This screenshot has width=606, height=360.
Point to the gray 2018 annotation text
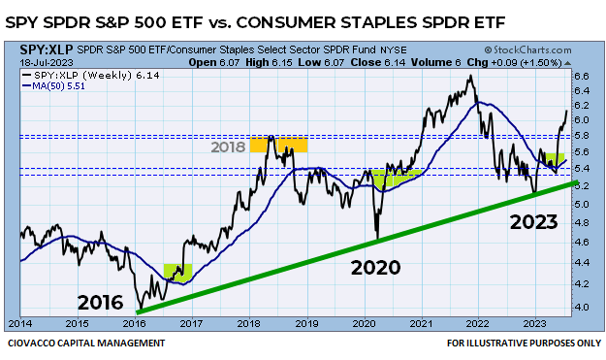pos(228,147)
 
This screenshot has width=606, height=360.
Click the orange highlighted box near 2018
pos(279,147)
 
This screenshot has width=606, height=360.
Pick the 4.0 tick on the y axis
pos(582,307)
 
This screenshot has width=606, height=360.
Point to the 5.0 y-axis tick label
pos(582,205)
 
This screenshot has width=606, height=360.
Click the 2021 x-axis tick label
pos(421,323)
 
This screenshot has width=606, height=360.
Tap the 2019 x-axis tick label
pos(307,323)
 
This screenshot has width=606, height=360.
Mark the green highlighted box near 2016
pos(177,272)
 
